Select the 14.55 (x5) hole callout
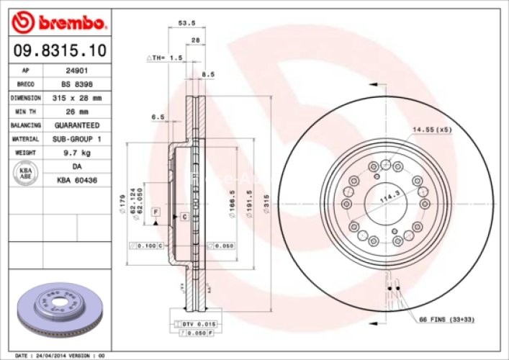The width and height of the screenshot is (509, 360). point(431,130)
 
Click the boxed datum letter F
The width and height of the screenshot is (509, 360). point(155,211)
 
